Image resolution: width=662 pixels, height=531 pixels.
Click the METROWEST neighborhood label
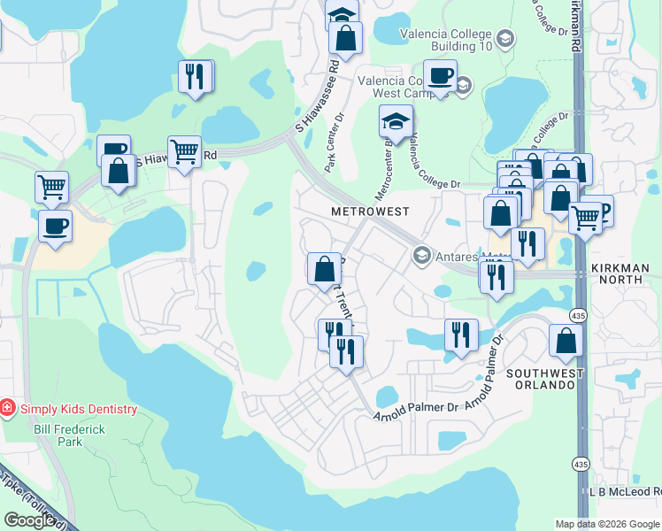click(x=370, y=212)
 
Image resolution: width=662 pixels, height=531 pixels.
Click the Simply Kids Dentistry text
click(x=77, y=409)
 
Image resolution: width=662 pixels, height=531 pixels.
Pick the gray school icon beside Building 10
click(x=504, y=38)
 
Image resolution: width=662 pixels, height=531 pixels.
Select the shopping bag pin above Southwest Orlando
click(x=566, y=341)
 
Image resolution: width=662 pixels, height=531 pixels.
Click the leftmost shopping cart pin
click(x=52, y=187)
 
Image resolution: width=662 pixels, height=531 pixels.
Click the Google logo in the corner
click(x=28, y=519)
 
